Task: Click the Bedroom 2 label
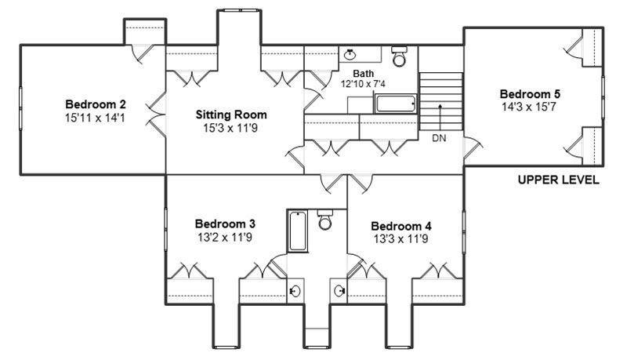(96, 104)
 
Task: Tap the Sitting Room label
(231, 115)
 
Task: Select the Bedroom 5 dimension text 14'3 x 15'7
(529, 107)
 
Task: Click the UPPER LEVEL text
(559, 180)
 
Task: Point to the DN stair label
(439, 138)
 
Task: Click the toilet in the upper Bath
(399, 56)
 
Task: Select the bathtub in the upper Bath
(396, 104)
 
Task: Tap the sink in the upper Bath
(350, 54)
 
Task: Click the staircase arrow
(440, 117)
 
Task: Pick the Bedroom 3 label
(225, 224)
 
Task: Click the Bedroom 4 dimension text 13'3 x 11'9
(401, 239)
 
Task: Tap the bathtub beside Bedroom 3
(298, 231)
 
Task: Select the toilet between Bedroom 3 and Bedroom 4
(325, 219)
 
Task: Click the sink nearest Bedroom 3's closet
(295, 290)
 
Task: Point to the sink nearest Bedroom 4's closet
(339, 290)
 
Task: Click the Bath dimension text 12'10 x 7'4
(363, 84)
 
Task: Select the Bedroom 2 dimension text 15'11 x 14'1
(95, 118)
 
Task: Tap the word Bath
(364, 74)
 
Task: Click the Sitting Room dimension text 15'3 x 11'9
(230, 129)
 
